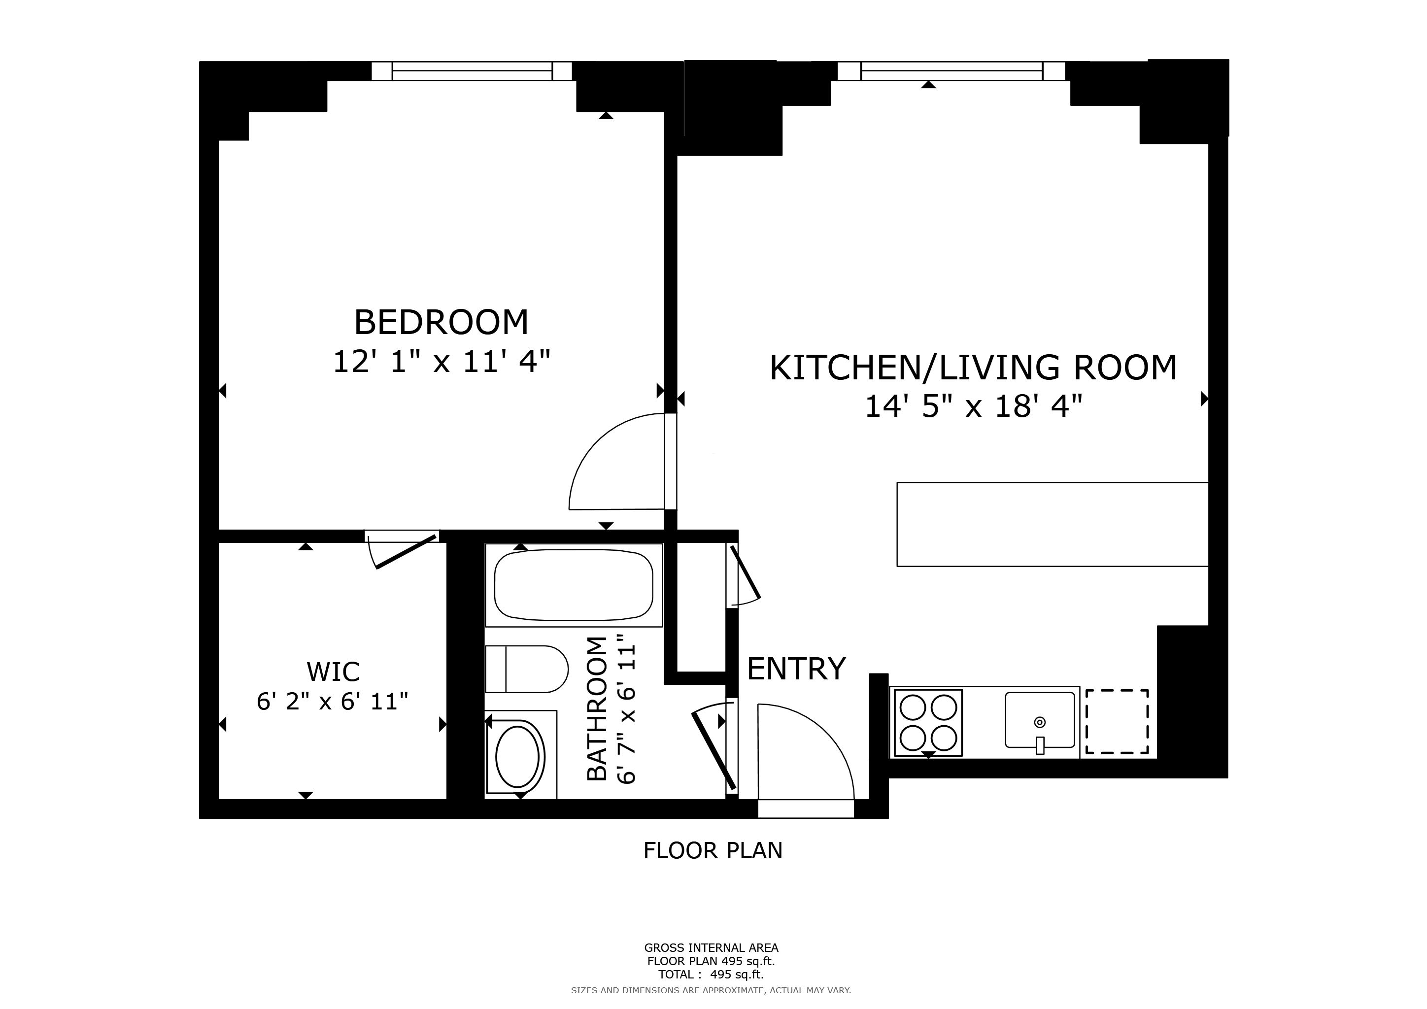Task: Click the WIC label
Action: point(333,672)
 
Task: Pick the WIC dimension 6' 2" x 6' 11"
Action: point(333,702)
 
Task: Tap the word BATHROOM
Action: point(597,708)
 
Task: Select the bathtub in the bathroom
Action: point(573,585)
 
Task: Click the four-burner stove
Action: point(927,723)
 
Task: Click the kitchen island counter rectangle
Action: point(1052,524)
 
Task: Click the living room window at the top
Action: point(951,71)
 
